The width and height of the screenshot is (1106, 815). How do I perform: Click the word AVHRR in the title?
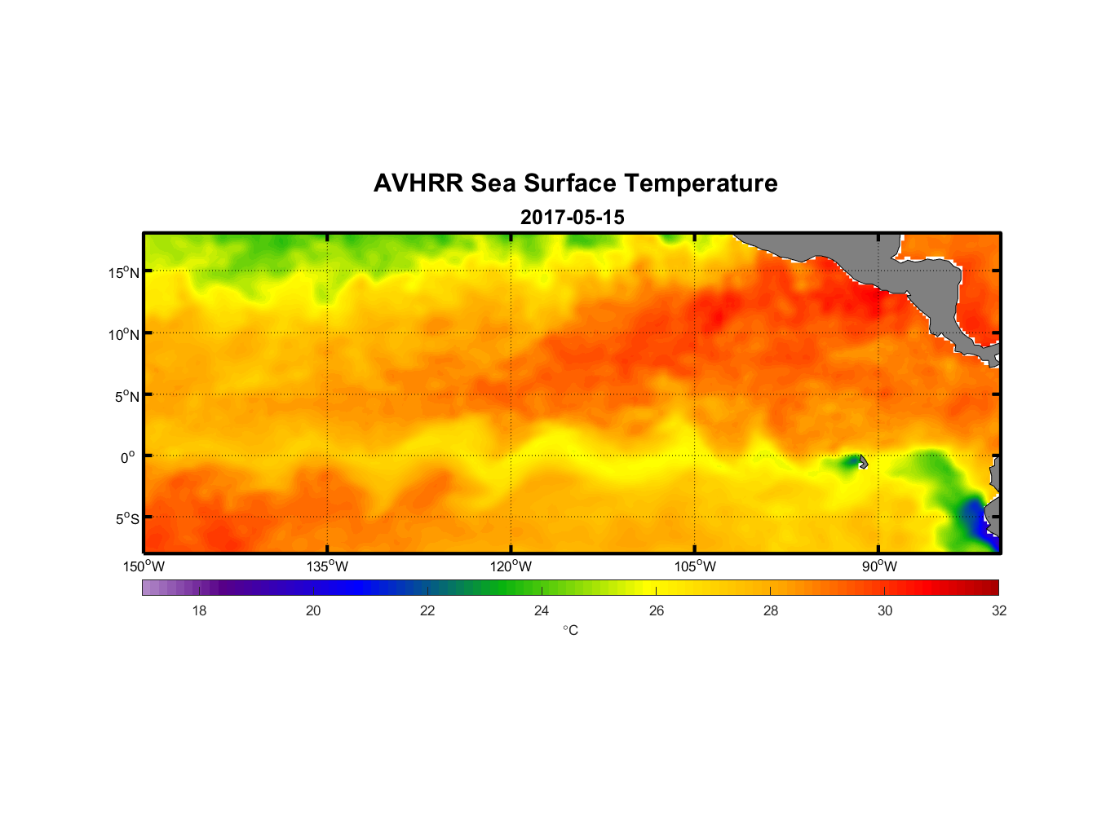click(x=418, y=183)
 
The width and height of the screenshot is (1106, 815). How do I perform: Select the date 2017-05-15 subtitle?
click(x=573, y=218)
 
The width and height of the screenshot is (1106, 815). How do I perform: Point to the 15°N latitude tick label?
click(x=124, y=272)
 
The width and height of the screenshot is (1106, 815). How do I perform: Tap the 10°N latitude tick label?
click(x=124, y=334)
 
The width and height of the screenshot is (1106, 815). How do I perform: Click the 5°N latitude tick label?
click(x=126, y=396)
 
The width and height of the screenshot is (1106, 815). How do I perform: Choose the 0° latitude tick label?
click(x=128, y=457)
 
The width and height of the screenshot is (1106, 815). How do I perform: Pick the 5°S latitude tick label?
click(x=126, y=519)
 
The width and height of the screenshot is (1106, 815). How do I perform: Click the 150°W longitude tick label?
click(x=144, y=566)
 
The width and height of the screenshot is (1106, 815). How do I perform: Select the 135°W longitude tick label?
click(x=328, y=566)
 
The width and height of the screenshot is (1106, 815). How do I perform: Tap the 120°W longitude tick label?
click(x=511, y=566)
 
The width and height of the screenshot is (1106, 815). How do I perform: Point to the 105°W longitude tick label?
click(x=695, y=566)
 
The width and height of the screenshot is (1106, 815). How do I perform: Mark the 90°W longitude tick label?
click(x=879, y=566)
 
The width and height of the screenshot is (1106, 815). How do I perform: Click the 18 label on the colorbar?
click(x=199, y=610)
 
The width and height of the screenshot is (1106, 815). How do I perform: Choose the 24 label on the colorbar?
click(x=542, y=610)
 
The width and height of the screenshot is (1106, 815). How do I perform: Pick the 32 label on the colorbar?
click(x=999, y=610)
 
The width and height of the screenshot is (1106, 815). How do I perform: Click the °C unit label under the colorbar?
click(x=570, y=630)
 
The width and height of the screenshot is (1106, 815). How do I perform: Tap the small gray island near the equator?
click(x=863, y=462)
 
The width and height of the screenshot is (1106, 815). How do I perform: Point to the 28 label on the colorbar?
click(x=771, y=610)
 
